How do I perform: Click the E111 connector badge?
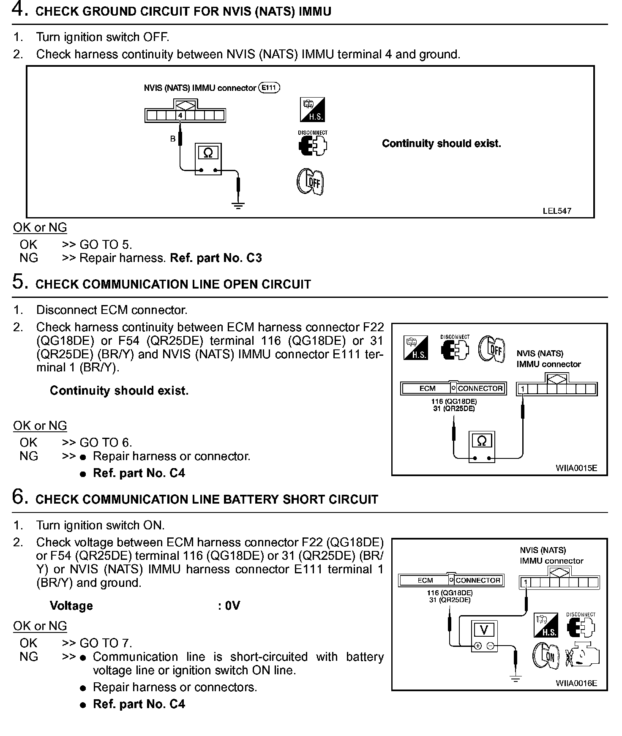269,88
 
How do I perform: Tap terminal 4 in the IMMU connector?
180,115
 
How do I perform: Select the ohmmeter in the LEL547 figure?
208,159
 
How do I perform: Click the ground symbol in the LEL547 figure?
238,206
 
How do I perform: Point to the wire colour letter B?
173,139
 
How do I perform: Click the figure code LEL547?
557,211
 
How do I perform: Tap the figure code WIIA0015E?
576,468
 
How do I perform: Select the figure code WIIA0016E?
576,683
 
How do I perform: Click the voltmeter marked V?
484,636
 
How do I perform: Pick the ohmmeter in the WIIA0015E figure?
482,447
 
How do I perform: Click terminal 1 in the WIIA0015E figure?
523,389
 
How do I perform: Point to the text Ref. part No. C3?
216,258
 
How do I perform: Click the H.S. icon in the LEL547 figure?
313,110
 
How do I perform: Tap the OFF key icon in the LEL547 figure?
310,182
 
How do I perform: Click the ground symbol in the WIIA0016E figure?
516,679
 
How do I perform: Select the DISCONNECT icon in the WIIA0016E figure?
581,625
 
